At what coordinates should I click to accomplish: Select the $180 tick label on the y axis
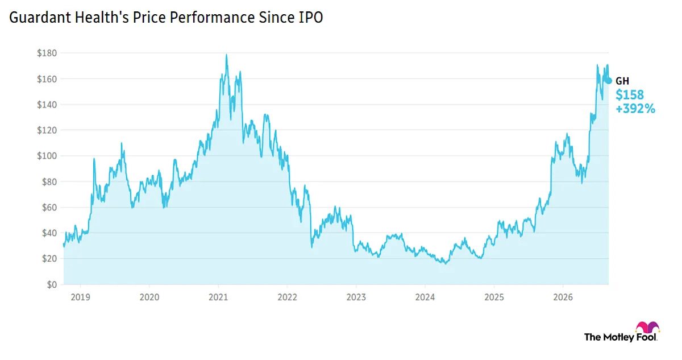[x=47, y=53]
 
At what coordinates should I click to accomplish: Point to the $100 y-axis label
[x=47, y=156]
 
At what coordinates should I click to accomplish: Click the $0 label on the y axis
[x=52, y=284]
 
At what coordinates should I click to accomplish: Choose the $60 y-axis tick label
[x=49, y=208]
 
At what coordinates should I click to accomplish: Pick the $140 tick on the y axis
[x=47, y=105]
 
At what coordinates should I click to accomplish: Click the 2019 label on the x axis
[x=80, y=297]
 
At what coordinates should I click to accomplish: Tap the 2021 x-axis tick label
[x=218, y=297]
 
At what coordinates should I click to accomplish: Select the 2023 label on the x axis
[x=356, y=297]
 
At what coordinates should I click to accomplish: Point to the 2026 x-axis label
[x=563, y=297]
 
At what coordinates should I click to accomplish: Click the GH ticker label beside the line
[x=622, y=81]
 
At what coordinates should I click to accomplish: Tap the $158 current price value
[x=630, y=95]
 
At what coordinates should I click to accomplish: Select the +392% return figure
[x=635, y=109]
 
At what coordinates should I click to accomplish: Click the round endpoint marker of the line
[x=609, y=81]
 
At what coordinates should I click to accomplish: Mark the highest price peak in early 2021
[x=226, y=55]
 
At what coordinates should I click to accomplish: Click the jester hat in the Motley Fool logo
[x=647, y=327]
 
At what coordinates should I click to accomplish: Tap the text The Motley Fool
[x=621, y=337]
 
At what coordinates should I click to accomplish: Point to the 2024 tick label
[x=425, y=297]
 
